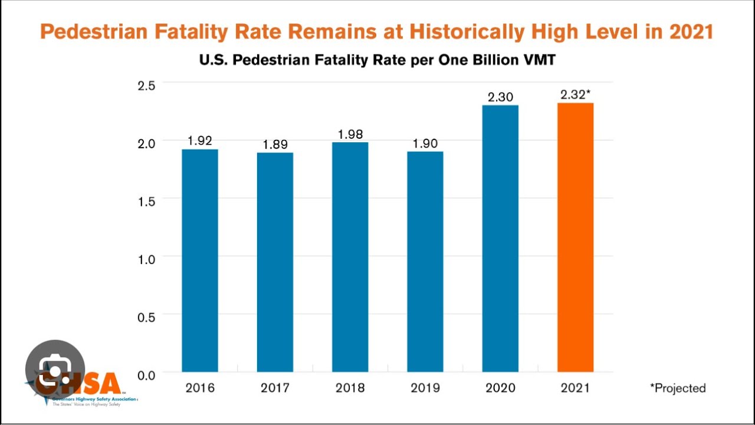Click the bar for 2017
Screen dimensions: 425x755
point(275,262)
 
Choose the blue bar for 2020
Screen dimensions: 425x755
point(500,238)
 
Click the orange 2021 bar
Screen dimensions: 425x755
point(575,237)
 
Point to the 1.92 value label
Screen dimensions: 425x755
point(200,141)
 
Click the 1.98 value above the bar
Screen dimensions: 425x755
point(350,134)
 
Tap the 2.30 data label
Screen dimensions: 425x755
point(500,97)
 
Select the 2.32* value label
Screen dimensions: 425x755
point(575,94)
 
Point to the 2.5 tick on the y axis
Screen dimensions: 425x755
point(146,85)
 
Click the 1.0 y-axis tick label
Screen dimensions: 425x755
point(146,259)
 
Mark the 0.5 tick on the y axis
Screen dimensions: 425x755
point(146,316)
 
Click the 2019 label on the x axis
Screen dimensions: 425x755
point(425,388)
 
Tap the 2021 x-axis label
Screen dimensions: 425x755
point(575,388)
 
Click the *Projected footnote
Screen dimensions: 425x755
point(678,388)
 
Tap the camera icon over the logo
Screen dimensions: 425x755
point(55,370)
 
